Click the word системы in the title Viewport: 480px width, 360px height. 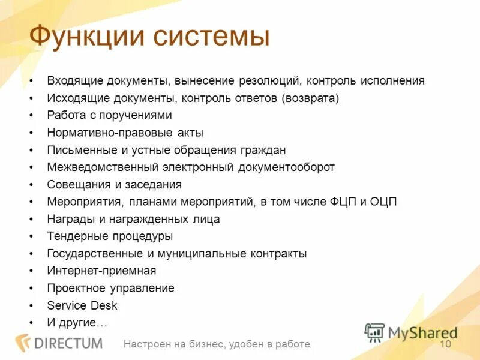pyautogui.click(x=210, y=37)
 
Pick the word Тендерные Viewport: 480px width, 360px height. pyautogui.click(x=74, y=236)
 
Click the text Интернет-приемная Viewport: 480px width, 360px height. pyautogui.click(x=101, y=271)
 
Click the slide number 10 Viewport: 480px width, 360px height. pyautogui.click(x=445, y=344)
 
